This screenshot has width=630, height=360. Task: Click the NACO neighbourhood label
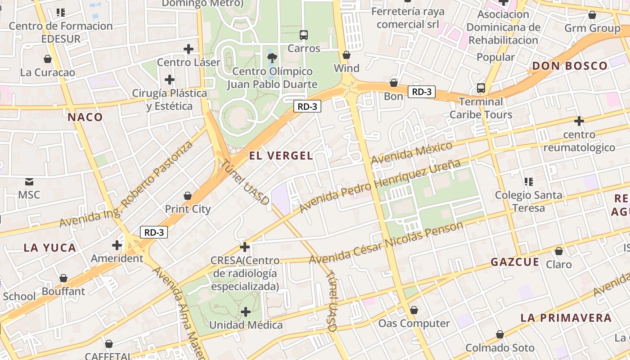(x=85, y=117)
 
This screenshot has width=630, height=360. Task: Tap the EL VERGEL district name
(x=281, y=156)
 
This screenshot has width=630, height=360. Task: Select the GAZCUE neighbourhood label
(x=514, y=262)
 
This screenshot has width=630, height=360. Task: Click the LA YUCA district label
(x=50, y=247)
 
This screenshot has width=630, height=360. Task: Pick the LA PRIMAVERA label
(x=566, y=318)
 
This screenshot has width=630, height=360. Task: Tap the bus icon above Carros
(x=304, y=35)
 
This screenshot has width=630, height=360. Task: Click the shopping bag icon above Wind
(x=346, y=55)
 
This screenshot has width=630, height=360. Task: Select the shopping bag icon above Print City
(x=188, y=196)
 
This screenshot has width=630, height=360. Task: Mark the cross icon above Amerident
(x=117, y=245)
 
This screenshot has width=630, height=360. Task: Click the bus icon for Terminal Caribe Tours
(x=481, y=88)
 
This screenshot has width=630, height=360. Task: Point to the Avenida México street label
(x=411, y=154)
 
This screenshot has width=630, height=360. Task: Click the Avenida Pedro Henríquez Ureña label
(x=380, y=185)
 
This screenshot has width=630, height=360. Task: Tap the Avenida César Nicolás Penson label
(x=386, y=243)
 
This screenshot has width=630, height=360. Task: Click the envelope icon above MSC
(x=29, y=182)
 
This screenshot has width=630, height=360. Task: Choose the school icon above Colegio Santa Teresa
(x=529, y=182)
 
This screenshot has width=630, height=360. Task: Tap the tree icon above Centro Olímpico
(x=272, y=58)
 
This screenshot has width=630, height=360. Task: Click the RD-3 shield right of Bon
(x=422, y=92)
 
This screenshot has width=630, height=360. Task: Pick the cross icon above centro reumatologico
(x=579, y=121)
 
